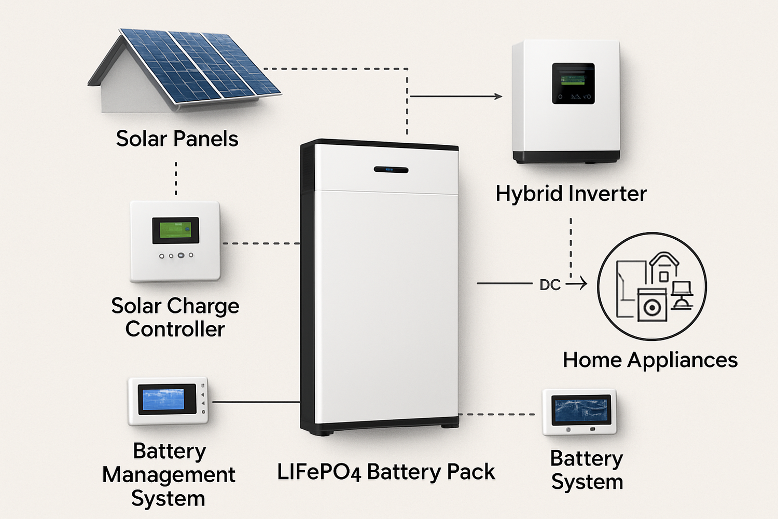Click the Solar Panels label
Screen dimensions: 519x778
(177, 139)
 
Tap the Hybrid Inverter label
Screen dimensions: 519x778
(571, 194)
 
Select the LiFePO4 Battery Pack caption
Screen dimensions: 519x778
(386, 472)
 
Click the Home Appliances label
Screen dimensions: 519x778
(650, 360)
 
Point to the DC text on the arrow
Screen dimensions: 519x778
(550, 284)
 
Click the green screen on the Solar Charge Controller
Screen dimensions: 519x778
(175, 230)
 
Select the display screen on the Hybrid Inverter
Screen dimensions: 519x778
(573, 83)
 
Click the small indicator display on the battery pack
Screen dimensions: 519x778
(391, 170)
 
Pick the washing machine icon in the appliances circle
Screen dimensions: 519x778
(651, 306)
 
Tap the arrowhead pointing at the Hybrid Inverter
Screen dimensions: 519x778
(498, 96)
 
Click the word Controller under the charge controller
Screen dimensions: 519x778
(175, 330)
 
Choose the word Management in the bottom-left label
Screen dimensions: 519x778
(169, 475)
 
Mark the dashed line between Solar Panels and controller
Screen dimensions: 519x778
(176, 178)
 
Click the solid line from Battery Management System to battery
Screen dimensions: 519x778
(256, 402)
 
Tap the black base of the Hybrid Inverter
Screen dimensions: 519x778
(566, 157)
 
